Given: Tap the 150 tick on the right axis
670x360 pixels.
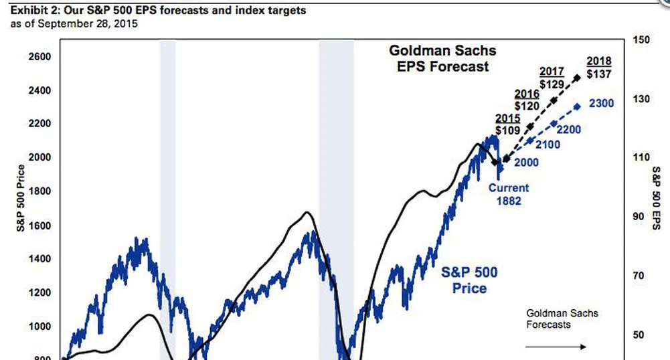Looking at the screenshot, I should [x=641, y=40].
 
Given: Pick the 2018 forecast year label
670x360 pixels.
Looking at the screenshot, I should [x=598, y=62].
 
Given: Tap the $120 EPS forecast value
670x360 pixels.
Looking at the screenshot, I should [x=527, y=106].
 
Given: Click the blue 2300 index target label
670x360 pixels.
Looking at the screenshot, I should [x=601, y=104].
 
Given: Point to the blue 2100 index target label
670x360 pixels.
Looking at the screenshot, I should [x=548, y=145].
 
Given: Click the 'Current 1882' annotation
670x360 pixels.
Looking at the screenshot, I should [x=508, y=193].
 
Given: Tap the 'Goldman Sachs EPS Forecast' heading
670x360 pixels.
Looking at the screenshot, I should [x=440, y=58].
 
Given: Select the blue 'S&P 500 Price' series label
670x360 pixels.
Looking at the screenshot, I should [x=469, y=280].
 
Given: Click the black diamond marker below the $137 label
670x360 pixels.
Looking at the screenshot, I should [x=578, y=78].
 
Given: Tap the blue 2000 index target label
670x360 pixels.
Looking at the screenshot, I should [x=526, y=162].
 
